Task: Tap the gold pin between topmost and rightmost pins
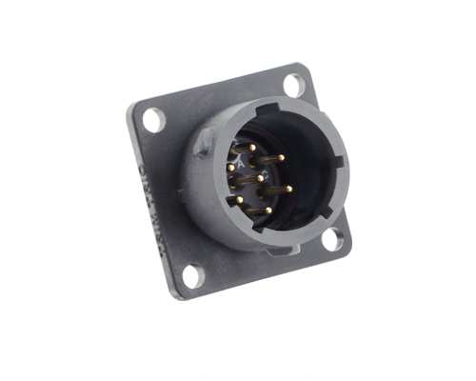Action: tap(280, 157)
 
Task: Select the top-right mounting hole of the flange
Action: tap(294, 85)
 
